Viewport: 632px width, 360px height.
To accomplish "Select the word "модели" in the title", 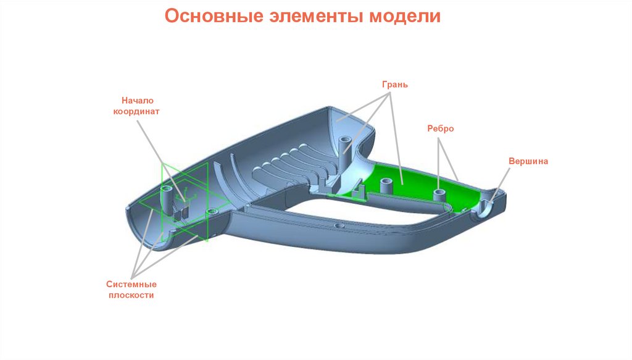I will pyautogui.click(x=404, y=16).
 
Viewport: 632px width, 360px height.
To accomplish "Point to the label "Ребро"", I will pyautogui.click(x=441, y=128).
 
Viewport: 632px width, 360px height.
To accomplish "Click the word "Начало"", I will pyautogui.click(x=136, y=100).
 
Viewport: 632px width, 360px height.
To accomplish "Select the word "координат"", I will pyautogui.click(x=136, y=112).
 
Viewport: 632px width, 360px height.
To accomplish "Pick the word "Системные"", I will pyautogui.click(x=131, y=284).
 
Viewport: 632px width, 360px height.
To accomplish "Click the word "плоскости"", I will pyautogui.click(x=131, y=296).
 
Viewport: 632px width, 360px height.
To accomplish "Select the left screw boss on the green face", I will pyautogui.click(x=386, y=185).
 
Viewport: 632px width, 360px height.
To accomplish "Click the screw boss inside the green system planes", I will pyautogui.click(x=167, y=195).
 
